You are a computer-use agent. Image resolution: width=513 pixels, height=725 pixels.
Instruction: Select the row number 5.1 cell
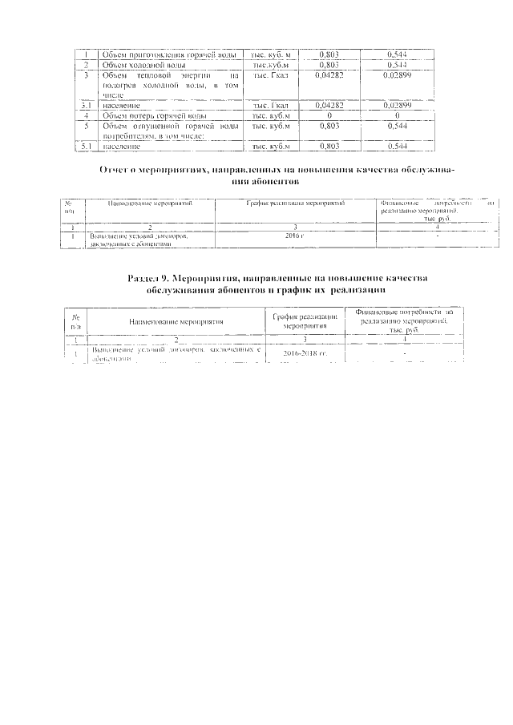point(86,147)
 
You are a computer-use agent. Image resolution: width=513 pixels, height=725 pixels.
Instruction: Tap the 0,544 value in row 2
point(398,64)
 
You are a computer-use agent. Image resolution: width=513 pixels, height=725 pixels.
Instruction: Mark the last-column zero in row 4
point(398,115)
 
